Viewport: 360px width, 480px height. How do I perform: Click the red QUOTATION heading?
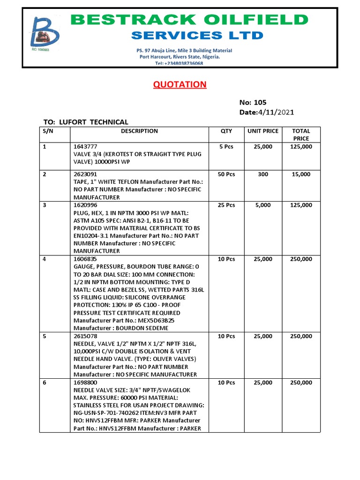click(x=180, y=85)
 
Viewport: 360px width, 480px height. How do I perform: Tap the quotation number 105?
click(x=260, y=103)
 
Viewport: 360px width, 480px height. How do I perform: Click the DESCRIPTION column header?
click(x=139, y=131)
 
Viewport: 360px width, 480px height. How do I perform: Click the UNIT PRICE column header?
click(x=263, y=131)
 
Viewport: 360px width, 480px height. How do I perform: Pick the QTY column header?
click(x=226, y=131)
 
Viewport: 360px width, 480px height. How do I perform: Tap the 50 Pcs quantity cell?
click(x=226, y=174)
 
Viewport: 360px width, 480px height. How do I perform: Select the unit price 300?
click(x=263, y=174)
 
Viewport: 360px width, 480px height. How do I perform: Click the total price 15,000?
click(x=301, y=174)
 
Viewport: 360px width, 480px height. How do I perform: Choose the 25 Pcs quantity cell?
click(x=226, y=205)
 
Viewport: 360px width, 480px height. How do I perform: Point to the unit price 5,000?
click(x=263, y=205)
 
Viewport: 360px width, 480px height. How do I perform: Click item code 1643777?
click(x=85, y=147)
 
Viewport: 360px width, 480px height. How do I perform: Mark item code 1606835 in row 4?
click(x=85, y=259)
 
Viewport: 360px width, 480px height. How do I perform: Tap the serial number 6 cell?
click(x=45, y=383)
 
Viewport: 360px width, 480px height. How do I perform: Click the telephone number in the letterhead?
click(x=179, y=63)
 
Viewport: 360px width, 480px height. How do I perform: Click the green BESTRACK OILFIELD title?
click(x=189, y=20)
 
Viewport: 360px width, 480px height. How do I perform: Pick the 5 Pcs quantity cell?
click(x=226, y=147)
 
